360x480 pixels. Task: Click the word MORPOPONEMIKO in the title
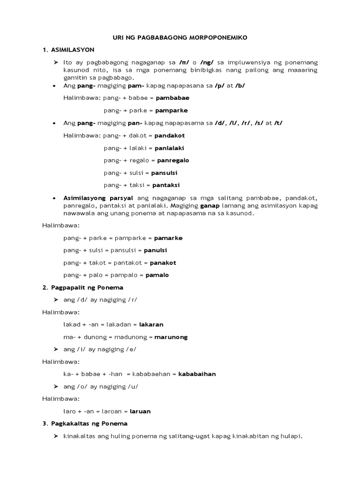215,37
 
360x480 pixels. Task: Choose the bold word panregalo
173,160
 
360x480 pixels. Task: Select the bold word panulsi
156,250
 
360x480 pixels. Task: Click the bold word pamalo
157,275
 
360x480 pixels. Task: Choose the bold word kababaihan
197,374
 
